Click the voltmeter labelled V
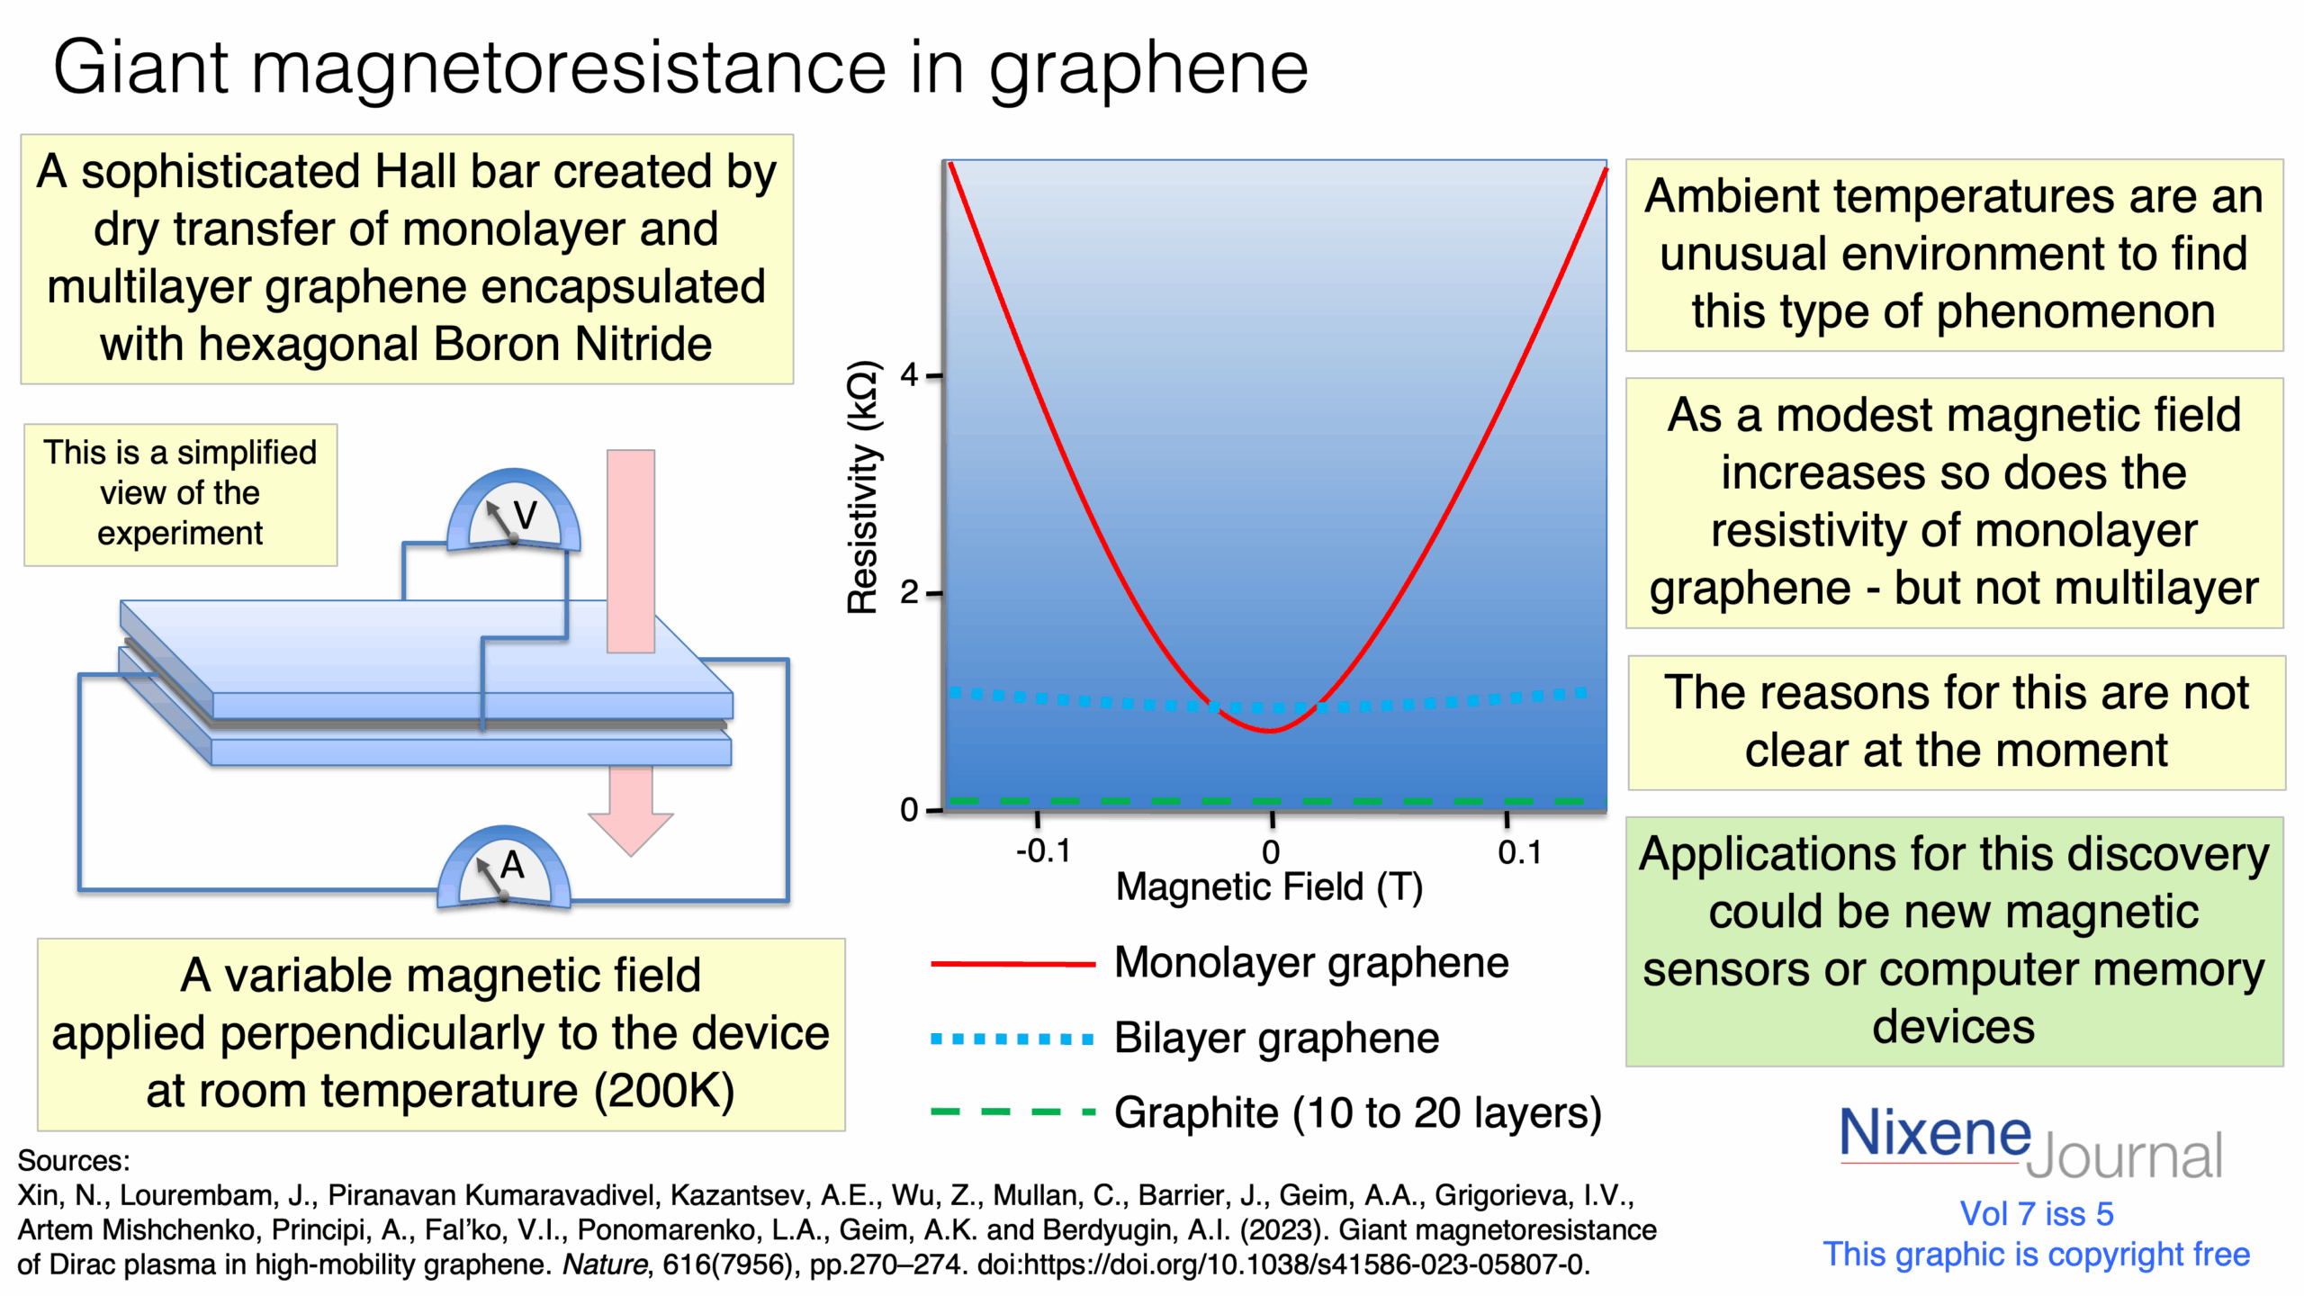pyautogui.click(x=514, y=513)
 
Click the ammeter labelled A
pyautogui.click(x=504, y=869)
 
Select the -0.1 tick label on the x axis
pyautogui.click(x=1042, y=851)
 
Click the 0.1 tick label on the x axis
pyautogui.click(x=1519, y=851)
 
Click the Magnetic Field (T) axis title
pyautogui.click(x=1269, y=887)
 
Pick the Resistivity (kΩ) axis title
pyautogui.click(x=862, y=486)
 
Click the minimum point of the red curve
pyautogui.click(x=1269, y=730)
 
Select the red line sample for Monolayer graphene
pyautogui.click(x=1012, y=964)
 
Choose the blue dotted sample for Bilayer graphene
pyautogui.click(x=1012, y=1039)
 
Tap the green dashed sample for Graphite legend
pyautogui.click(x=1012, y=1112)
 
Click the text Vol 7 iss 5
pyautogui.click(x=2037, y=1214)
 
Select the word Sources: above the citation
pyautogui.click(x=74, y=1160)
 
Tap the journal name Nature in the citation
pyautogui.click(x=604, y=1264)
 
